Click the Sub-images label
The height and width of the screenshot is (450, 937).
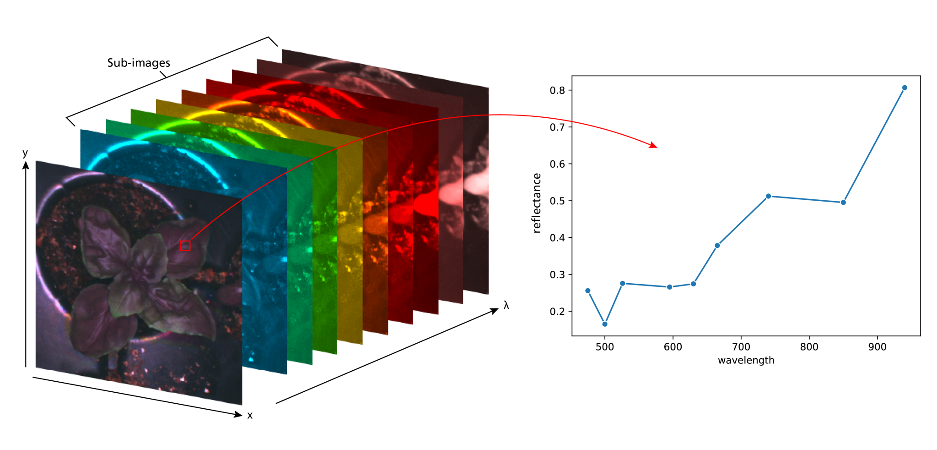point(139,63)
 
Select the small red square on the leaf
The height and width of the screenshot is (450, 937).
point(185,246)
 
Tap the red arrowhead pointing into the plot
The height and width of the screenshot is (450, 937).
point(654,146)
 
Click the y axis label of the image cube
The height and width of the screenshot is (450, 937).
point(25,153)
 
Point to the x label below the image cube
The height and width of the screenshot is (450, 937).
point(250,415)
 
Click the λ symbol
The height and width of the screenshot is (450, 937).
point(506,305)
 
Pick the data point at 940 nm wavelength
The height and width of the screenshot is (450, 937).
point(905,88)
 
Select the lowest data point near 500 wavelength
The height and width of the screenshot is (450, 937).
point(605,324)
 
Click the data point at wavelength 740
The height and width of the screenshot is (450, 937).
point(768,196)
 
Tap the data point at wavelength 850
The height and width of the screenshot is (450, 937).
point(843,202)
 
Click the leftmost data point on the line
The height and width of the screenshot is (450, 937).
point(588,291)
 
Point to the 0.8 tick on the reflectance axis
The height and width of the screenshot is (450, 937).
point(557,90)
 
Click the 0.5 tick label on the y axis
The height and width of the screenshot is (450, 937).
point(557,201)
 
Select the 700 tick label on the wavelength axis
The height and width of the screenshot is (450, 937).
point(741,347)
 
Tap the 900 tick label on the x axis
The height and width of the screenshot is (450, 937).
point(877,347)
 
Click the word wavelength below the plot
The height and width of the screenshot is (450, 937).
point(746,361)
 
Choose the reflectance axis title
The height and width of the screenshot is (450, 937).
point(537,203)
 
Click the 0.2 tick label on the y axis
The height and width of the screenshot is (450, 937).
point(557,312)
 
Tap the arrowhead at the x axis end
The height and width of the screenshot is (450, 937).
point(238,414)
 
